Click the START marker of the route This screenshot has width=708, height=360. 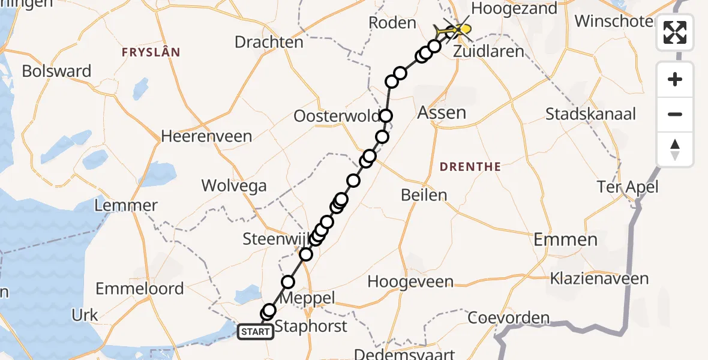coord(256,331)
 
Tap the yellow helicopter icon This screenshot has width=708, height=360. coord(459,29)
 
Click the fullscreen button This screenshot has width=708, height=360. coord(675,32)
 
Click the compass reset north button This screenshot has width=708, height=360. coord(675,149)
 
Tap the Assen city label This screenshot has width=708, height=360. coord(442,112)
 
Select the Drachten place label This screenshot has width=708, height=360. coord(269,43)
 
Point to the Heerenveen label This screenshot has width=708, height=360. coord(206,136)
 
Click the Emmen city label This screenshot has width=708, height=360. coord(566,240)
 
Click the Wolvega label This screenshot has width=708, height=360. coord(234,185)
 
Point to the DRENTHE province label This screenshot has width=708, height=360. coord(470,167)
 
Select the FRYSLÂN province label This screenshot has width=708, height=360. coord(151,52)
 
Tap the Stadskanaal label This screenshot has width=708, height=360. coord(591,113)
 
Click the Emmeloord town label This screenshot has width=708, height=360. coord(140,289)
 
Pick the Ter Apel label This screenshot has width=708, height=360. coord(628,187)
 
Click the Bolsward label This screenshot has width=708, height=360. coord(56,71)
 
